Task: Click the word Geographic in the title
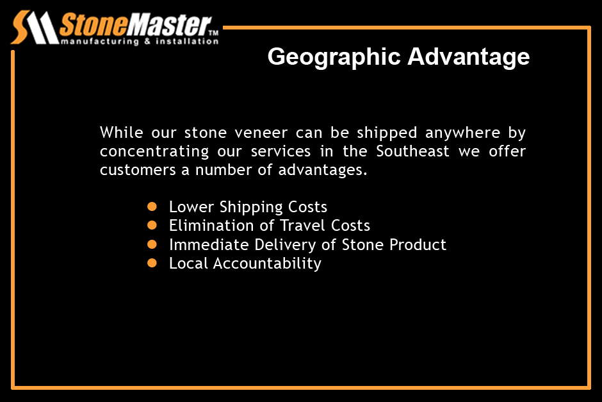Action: click(x=334, y=58)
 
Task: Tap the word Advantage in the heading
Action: click(x=468, y=58)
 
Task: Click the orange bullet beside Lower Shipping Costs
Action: click(x=152, y=206)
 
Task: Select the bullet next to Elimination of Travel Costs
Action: click(x=152, y=225)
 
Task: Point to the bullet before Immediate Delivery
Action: click(x=152, y=244)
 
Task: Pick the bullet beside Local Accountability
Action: click(x=152, y=263)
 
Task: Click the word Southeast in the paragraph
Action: click(x=412, y=151)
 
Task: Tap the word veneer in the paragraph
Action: click(x=261, y=133)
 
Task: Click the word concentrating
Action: click(x=154, y=152)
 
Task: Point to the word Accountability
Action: click(x=267, y=264)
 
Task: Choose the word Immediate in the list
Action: click(x=209, y=245)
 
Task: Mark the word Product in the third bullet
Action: click(x=418, y=245)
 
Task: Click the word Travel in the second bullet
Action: click(x=302, y=226)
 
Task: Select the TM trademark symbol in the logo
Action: click(x=213, y=33)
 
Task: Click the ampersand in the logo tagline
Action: click(x=147, y=41)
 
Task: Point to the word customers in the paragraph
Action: click(x=138, y=170)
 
